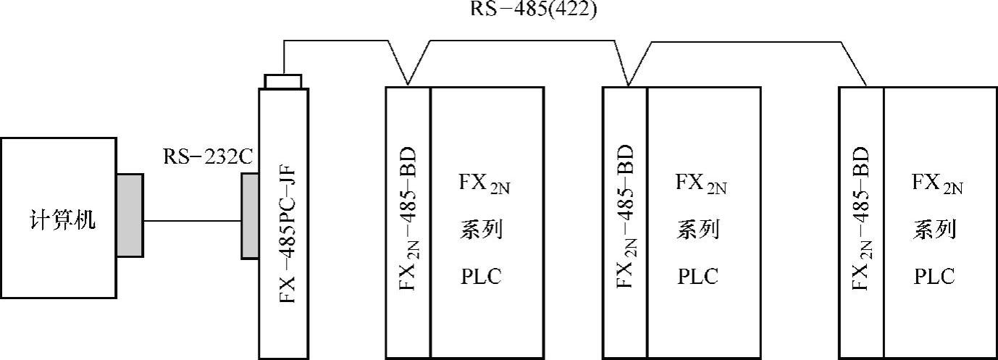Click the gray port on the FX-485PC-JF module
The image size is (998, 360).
point(251,215)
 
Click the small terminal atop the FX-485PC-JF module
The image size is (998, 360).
point(284,80)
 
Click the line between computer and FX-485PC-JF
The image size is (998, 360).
point(192,220)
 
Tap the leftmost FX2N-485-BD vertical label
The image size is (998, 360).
point(408,220)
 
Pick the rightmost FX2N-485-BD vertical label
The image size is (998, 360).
point(860,220)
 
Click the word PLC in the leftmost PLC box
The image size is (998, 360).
point(481,277)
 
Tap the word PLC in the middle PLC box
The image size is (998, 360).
point(698,277)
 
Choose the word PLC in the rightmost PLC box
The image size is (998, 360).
point(934,277)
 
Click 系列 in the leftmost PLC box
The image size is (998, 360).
point(481,230)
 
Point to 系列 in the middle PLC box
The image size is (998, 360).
point(698,230)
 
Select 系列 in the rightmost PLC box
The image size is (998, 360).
point(934,230)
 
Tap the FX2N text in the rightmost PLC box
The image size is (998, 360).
point(937,183)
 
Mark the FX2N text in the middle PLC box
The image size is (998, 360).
point(701,183)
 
